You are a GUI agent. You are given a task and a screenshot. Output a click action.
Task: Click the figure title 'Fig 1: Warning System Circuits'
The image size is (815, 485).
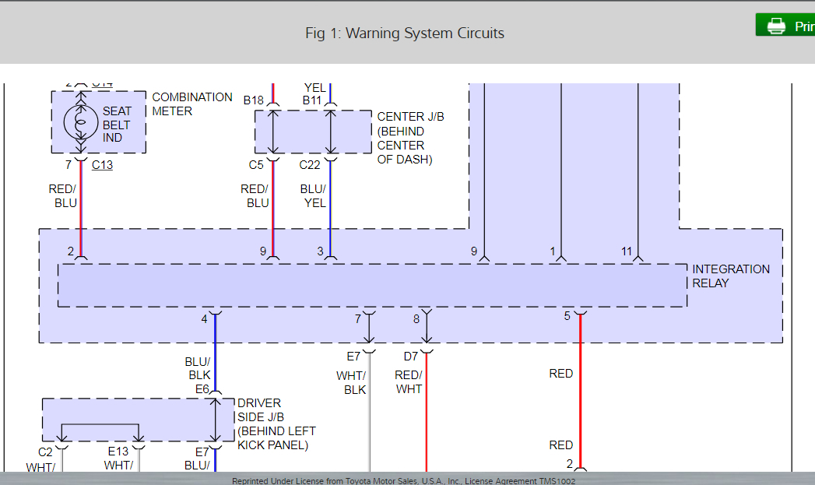coord(405,33)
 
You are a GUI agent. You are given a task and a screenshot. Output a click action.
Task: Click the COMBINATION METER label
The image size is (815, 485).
coord(191,104)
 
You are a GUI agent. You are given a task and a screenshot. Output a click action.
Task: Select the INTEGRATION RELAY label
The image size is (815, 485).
coord(730,276)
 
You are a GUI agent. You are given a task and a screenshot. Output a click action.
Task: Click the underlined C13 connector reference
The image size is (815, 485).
coord(102,164)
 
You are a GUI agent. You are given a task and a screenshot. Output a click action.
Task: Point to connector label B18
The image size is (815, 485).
coord(254,100)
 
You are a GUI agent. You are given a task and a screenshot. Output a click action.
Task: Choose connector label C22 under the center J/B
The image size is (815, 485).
coord(310,164)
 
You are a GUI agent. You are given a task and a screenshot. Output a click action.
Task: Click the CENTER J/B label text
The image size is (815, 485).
coord(410,138)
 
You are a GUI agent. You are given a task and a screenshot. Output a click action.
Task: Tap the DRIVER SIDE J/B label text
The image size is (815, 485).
coord(276,423)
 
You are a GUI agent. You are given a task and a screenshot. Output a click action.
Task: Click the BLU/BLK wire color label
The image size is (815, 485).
coord(197,367)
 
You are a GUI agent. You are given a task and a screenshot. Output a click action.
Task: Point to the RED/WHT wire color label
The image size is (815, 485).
coord(408,382)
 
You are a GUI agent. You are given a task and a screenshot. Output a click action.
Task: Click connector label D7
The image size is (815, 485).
coord(411,357)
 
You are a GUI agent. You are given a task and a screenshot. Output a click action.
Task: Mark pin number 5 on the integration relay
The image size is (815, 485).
coord(567,316)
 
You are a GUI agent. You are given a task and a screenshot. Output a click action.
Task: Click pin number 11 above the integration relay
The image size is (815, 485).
coord(627,251)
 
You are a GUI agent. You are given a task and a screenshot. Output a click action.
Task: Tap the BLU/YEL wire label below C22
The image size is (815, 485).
coord(314,195)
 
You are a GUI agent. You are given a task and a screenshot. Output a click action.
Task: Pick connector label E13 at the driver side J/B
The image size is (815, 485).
coord(118,452)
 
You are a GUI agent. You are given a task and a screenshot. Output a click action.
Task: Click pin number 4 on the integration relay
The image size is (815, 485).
coord(204,318)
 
